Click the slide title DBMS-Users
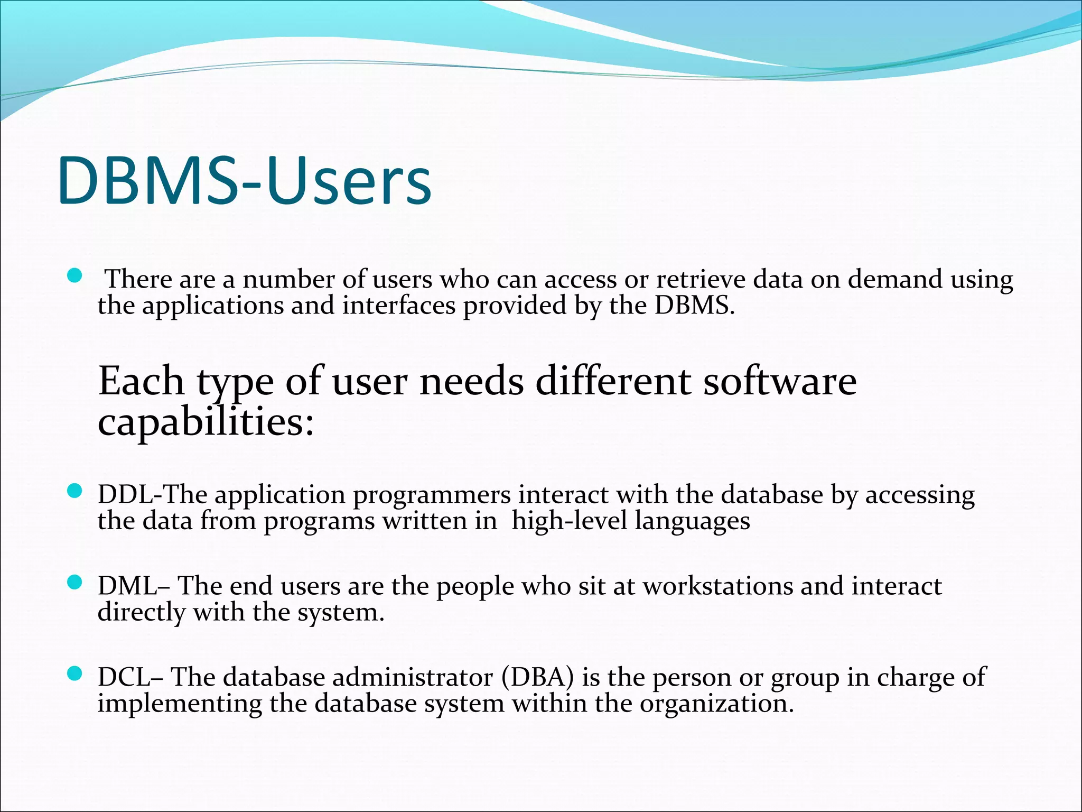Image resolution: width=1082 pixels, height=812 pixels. tap(244, 181)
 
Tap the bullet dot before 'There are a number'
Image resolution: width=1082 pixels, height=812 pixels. tap(76, 275)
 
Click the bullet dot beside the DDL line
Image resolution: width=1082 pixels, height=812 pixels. tap(76, 492)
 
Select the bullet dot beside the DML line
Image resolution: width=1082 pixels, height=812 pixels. tap(76, 583)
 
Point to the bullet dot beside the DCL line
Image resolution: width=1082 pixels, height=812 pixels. tap(76, 673)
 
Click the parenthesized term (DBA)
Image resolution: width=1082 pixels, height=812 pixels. tap(538, 677)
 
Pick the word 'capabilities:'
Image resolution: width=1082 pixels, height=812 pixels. tap(206, 423)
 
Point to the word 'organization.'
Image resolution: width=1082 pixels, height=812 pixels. tap(717, 704)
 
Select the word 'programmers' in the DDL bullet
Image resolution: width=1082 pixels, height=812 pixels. tap(432, 495)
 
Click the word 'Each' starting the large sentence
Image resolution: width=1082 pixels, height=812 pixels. tap(141, 381)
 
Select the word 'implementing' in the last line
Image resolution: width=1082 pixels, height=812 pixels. tap(180, 704)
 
